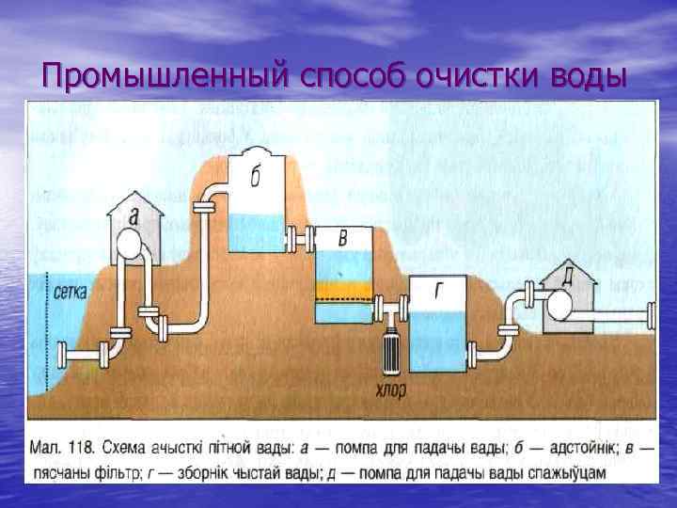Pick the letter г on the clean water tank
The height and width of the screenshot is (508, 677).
(438, 291)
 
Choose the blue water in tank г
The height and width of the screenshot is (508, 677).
(438, 338)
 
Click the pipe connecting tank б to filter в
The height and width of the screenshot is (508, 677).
(300, 236)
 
